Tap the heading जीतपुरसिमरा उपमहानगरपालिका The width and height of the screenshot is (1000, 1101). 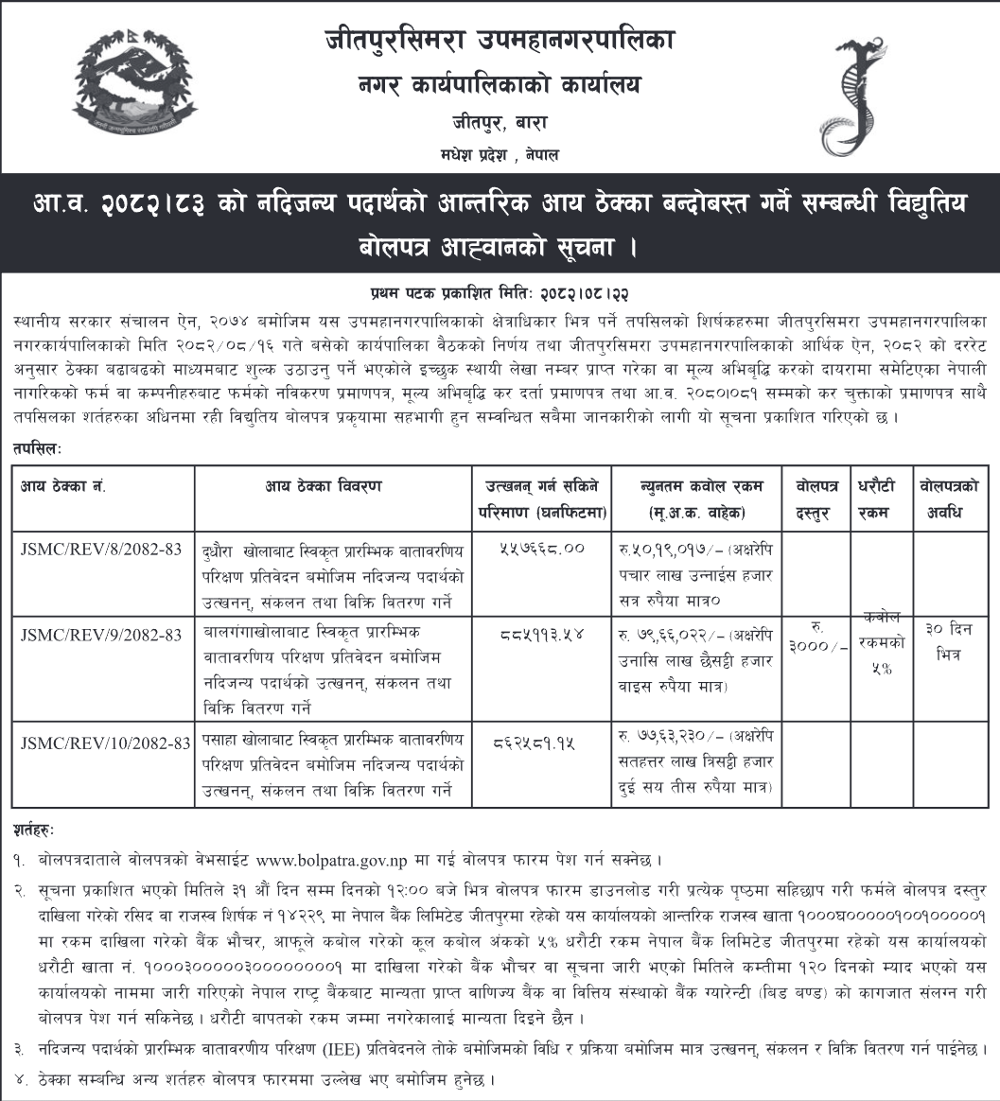click(x=500, y=41)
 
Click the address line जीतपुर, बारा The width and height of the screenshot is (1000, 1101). click(x=500, y=122)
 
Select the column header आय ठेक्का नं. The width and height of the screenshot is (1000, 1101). click(x=63, y=486)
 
